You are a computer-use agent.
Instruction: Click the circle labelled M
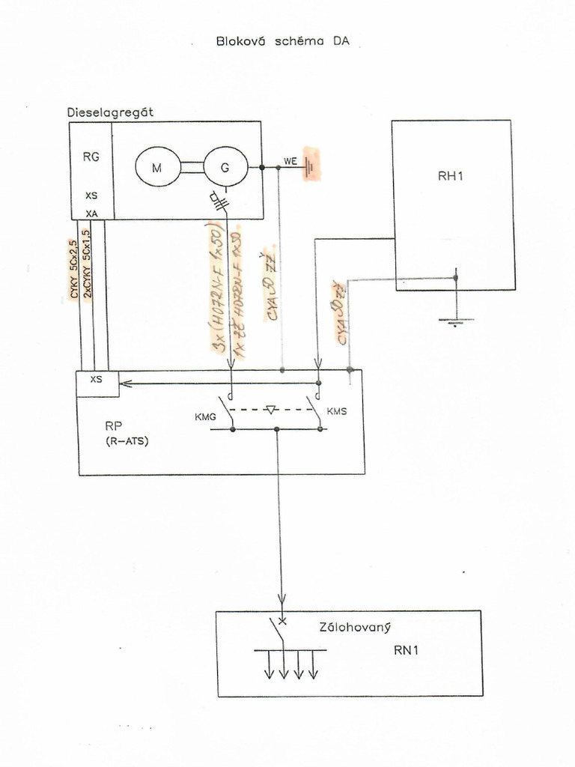(x=157, y=168)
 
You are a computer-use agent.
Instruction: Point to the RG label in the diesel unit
(x=91, y=157)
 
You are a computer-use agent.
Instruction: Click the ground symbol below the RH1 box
(x=455, y=321)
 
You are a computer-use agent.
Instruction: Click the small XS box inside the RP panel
(x=97, y=383)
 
